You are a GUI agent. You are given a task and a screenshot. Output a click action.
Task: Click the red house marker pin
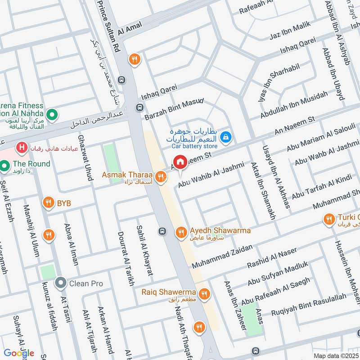[x=180, y=162]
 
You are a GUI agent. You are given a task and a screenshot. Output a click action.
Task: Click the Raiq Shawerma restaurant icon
[x=205, y=294]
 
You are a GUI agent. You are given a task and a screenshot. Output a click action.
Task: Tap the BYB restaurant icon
[x=48, y=203]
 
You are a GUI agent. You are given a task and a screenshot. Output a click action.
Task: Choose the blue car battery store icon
[x=227, y=135]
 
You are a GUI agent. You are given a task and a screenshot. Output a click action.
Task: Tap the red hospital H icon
[x=21, y=147]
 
